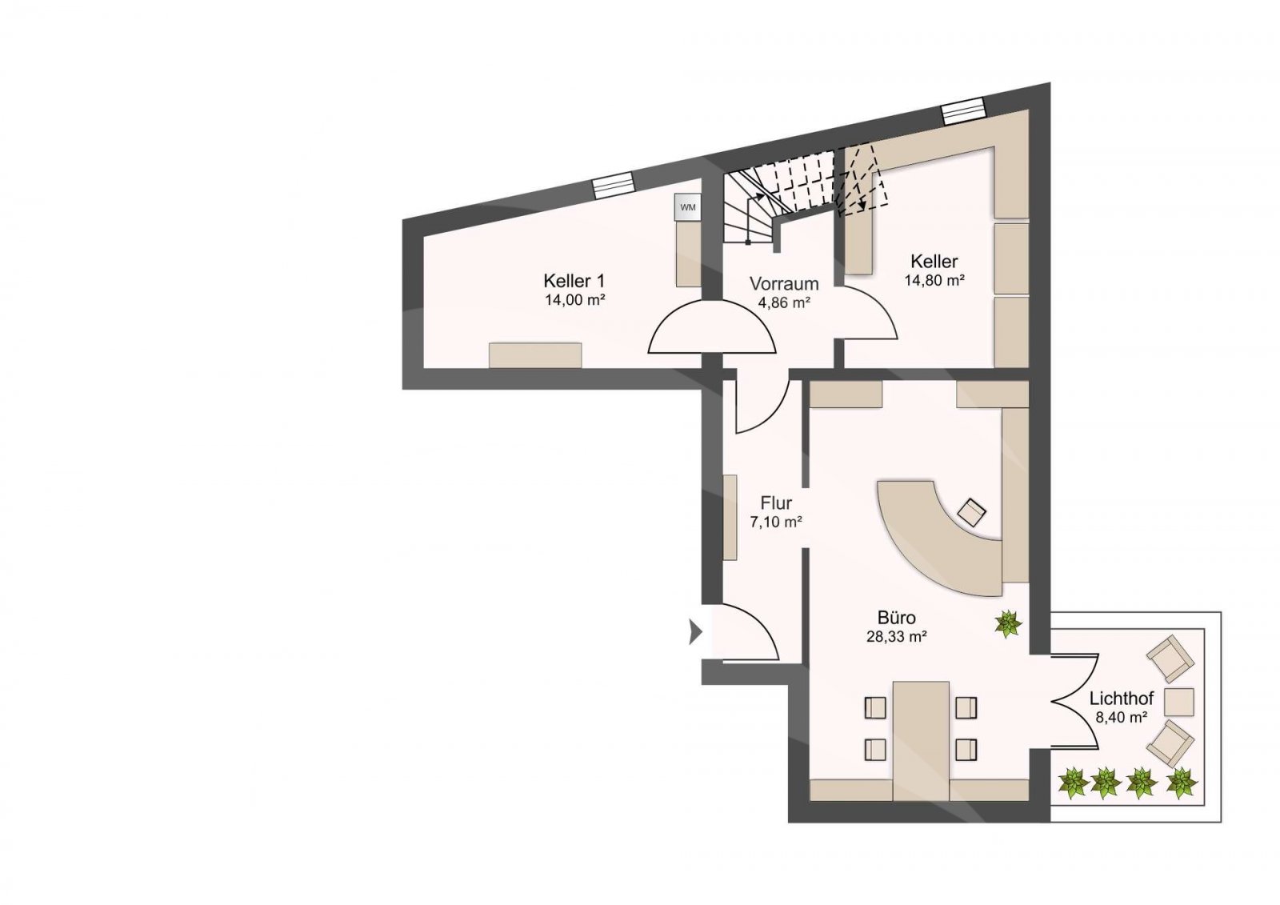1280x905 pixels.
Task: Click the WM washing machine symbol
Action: pos(687,207)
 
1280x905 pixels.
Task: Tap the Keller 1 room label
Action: pos(574,281)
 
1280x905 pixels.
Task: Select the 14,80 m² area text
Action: pos(934,280)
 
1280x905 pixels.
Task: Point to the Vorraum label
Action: pos(784,283)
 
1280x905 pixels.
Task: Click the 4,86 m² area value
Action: pos(784,302)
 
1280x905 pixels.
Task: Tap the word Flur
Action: pos(776,503)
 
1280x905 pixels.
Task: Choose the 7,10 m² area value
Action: pos(776,522)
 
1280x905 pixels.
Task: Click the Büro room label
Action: pos(897,618)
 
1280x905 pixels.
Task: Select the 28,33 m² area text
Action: pos(897,636)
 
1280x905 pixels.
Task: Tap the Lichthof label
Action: pos(1122,698)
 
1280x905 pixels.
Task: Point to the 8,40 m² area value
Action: pos(1122,717)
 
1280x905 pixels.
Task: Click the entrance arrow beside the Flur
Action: pos(695,631)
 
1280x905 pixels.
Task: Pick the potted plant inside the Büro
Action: pos(1008,623)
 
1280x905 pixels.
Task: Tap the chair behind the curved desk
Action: pos(971,512)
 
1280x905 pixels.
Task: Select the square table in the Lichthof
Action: pos(1179,702)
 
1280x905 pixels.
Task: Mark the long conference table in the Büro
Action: pos(921,740)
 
